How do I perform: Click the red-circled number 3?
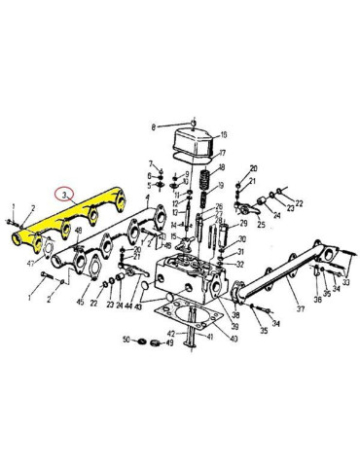(x=65, y=195)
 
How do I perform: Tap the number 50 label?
(x=125, y=341)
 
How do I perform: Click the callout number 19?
(x=223, y=184)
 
